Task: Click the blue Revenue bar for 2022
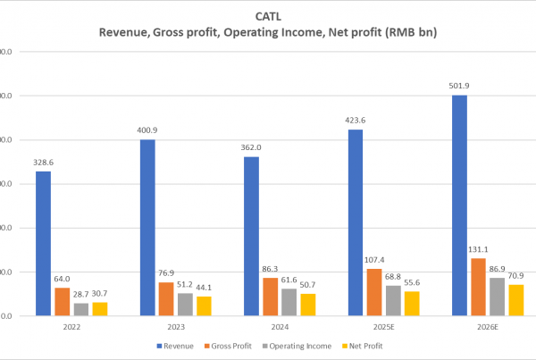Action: point(43,243)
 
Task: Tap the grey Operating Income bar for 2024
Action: point(289,302)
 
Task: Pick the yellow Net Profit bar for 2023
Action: point(204,306)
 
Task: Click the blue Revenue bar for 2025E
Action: point(355,222)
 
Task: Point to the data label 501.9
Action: point(459,87)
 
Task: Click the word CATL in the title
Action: point(268,15)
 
